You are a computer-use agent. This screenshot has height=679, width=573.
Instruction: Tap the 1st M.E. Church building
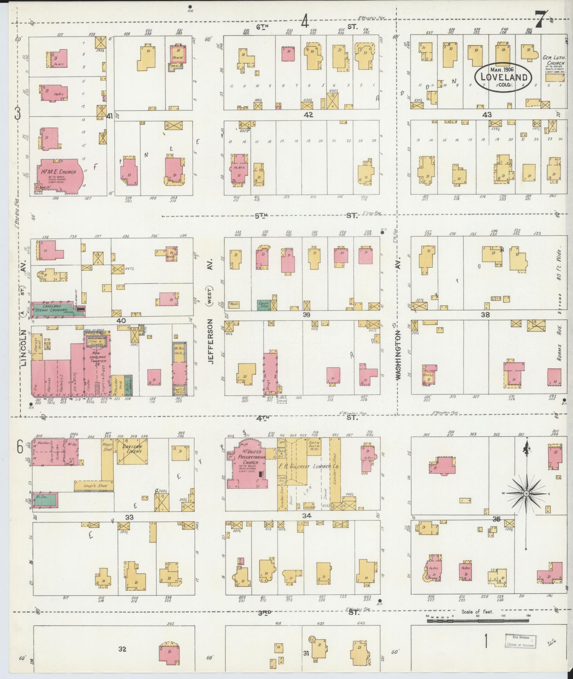click(x=61, y=176)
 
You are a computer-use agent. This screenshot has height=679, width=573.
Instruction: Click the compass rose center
click(x=526, y=493)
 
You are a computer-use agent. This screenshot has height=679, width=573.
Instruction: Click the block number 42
click(x=308, y=115)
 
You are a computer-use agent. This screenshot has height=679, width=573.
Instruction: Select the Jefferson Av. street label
click(x=210, y=341)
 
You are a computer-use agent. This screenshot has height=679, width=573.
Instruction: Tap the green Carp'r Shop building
click(x=264, y=305)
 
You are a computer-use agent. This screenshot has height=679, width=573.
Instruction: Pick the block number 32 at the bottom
click(x=122, y=649)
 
